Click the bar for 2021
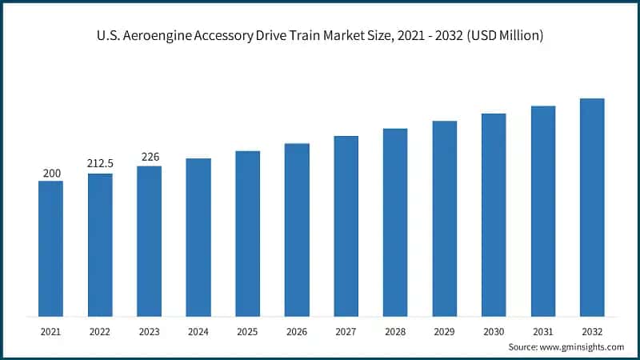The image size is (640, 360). (x=50, y=248)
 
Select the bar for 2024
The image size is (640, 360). (x=198, y=237)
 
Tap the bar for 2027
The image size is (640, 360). (x=346, y=226)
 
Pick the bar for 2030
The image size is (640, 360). (x=494, y=214)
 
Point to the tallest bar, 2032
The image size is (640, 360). (x=592, y=207)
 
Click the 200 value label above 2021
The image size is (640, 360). (x=50, y=172)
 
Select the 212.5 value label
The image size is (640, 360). (x=100, y=164)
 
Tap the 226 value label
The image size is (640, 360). (x=149, y=157)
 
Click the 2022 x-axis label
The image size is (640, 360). (x=100, y=330)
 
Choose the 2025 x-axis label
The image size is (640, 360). (x=247, y=330)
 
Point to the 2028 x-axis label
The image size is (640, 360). (x=395, y=330)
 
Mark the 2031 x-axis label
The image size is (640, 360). (x=543, y=330)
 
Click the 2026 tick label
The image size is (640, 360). (x=297, y=330)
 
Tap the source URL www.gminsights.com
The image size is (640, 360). (x=582, y=346)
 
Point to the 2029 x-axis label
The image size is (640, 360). (x=444, y=330)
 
